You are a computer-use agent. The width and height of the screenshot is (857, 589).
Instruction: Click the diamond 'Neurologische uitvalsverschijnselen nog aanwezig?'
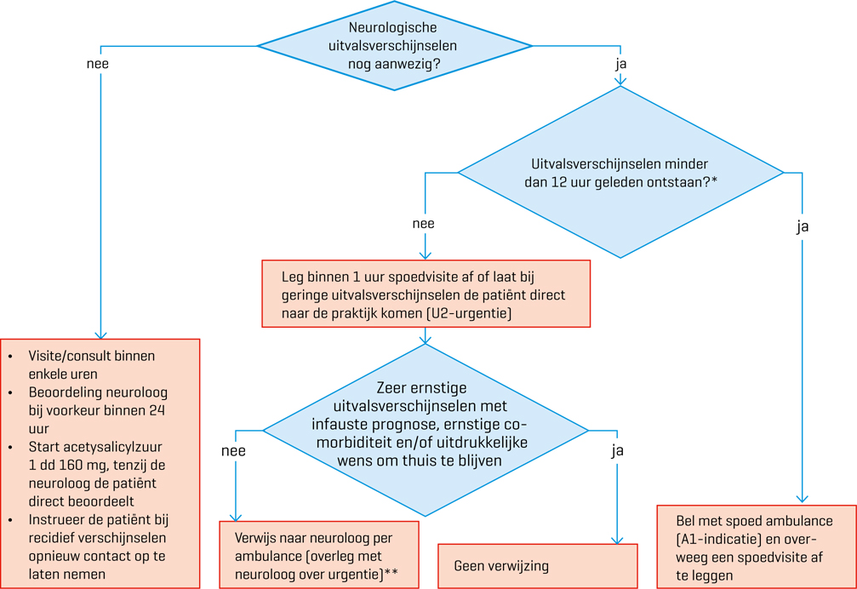coord(394,46)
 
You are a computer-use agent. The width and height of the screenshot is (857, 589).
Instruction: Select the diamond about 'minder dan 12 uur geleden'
coord(620,172)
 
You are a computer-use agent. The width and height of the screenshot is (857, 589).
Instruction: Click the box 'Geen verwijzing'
coord(537,566)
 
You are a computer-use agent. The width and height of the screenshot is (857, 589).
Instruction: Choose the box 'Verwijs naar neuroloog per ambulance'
coord(319,554)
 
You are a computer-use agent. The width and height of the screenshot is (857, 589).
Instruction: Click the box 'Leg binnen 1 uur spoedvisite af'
coord(426,294)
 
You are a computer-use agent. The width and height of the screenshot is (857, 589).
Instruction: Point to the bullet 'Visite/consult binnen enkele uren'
coord(91,365)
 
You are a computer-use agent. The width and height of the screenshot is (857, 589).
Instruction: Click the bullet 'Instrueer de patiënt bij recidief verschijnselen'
coord(97,546)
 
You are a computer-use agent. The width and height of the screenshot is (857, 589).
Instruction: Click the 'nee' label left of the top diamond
coord(98,64)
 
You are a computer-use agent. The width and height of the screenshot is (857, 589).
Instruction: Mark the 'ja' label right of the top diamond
coord(621,64)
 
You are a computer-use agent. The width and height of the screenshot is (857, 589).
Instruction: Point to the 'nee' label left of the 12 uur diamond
coord(423,224)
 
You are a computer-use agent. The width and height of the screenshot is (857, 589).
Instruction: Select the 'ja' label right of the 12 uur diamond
coord(803,226)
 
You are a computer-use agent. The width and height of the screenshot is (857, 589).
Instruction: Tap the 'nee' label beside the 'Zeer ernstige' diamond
coord(233,451)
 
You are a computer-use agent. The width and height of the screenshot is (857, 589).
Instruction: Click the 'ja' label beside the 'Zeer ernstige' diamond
coord(618,451)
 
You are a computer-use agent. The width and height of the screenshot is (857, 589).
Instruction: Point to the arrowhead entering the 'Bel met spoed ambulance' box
coord(802,499)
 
